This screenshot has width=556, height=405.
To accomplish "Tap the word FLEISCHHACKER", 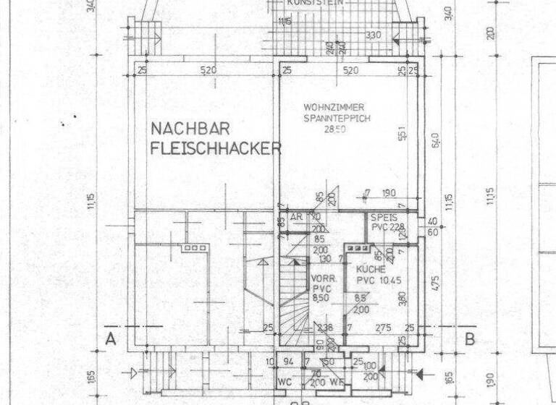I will pyautogui.click(x=216, y=150).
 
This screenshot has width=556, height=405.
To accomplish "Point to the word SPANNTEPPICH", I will pyautogui.click(x=336, y=117).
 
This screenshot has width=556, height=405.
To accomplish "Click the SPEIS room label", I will pyautogui.click(x=382, y=217).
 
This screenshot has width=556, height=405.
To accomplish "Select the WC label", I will pyautogui.click(x=285, y=381).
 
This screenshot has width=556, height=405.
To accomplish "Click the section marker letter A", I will pyautogui.click(x=111, y=338).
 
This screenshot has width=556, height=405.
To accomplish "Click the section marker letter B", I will pyautogui.click(x=469, y=338).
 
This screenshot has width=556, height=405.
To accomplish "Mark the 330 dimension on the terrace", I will pyautogui.click(x=374, y=35).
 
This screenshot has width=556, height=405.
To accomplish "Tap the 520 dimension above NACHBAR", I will pyautogui.click(x=208, y=70).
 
